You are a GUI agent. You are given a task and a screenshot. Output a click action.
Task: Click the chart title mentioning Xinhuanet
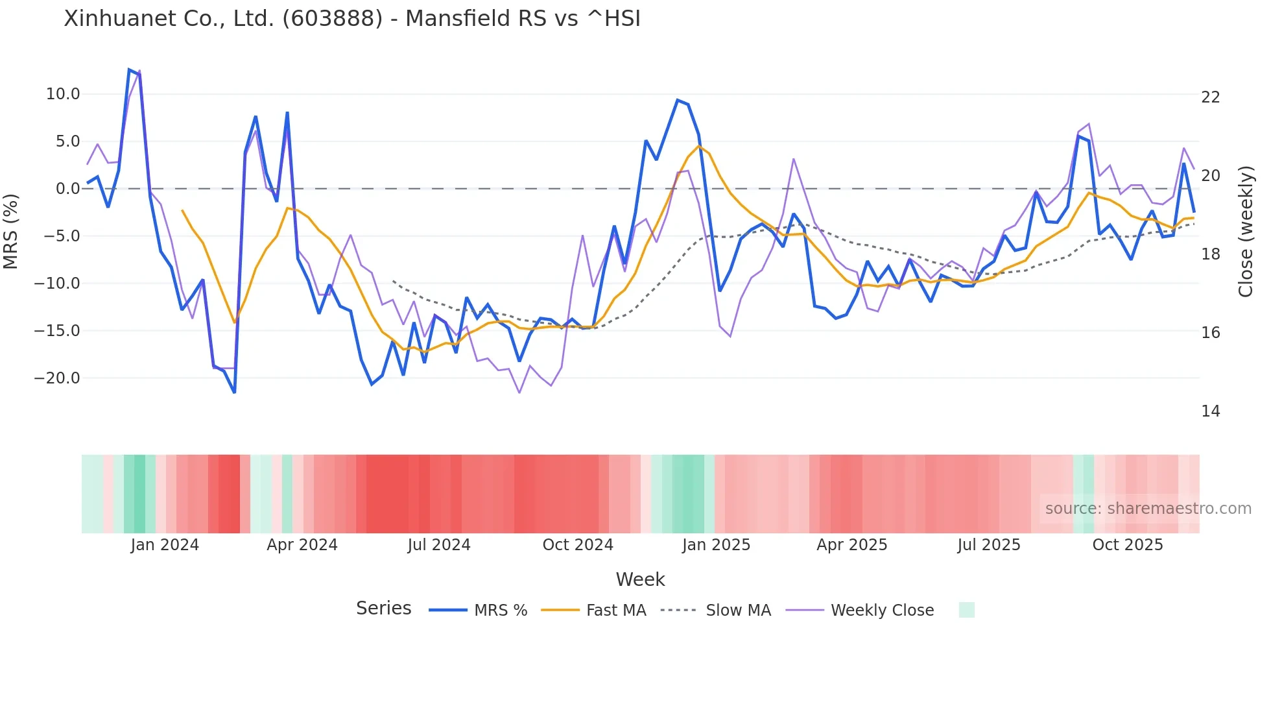352,18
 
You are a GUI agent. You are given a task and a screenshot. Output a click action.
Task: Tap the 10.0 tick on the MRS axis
63,94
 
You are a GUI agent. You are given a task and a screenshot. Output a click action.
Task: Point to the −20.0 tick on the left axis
58,378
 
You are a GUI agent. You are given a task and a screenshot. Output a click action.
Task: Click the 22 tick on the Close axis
1211,97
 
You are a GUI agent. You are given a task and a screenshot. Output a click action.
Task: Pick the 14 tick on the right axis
1211,411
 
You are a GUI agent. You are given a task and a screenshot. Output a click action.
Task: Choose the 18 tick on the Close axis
1211,254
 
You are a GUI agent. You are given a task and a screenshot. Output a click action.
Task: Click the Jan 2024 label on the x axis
165,545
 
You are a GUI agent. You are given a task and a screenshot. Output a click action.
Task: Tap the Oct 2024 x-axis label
578,545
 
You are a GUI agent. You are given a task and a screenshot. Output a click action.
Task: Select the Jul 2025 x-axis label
989,545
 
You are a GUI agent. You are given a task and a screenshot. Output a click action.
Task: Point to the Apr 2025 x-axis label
852,545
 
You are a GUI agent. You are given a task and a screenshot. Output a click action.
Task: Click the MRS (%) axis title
11,231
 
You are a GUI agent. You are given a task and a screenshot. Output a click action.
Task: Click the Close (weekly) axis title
1246,232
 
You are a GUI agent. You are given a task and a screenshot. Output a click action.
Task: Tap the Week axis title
640,579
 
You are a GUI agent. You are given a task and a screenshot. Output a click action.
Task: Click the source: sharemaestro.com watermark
1148,509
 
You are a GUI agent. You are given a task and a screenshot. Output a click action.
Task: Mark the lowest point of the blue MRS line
234,393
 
